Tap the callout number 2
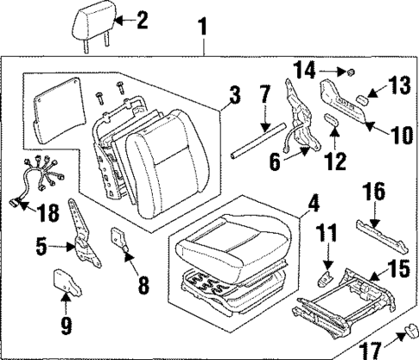143,20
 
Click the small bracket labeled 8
119,241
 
